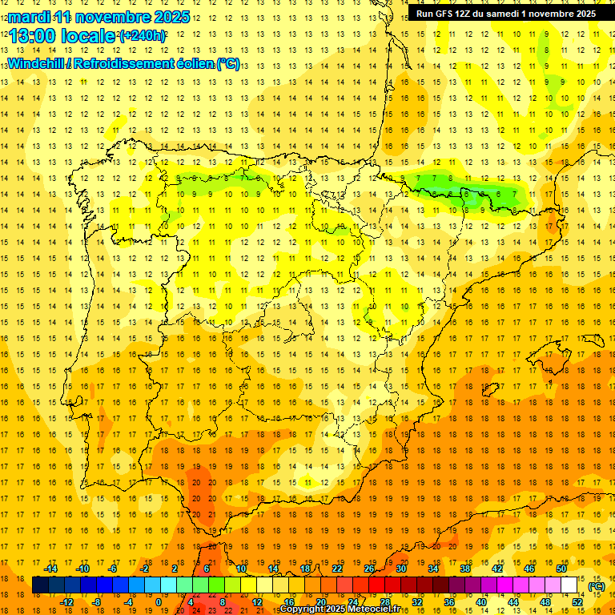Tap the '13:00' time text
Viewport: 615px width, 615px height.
[x=33, y=36]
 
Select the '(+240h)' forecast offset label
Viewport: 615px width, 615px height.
[x=143, y=36]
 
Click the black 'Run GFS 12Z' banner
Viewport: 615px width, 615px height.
[x=505, y=13]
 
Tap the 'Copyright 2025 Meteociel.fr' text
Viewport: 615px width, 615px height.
[x=340, y=609]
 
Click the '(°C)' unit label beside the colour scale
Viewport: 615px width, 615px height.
[x=596, y=586]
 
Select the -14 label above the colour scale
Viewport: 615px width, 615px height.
[x=51, y=569]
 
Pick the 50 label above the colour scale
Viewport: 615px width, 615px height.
[x=561, y=569]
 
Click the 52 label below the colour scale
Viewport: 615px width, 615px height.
[x=577, y=601]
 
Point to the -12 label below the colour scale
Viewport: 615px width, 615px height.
[x=67, y=601]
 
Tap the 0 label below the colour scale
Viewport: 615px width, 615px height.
[x=159, y=601]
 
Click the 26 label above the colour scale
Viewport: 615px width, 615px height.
[x=369, y=569]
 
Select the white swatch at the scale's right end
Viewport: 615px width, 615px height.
[x=569, y=585]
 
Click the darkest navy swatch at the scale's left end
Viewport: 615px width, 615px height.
[x=40, y=585]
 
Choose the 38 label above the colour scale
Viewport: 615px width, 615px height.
[x=465, y=569]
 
